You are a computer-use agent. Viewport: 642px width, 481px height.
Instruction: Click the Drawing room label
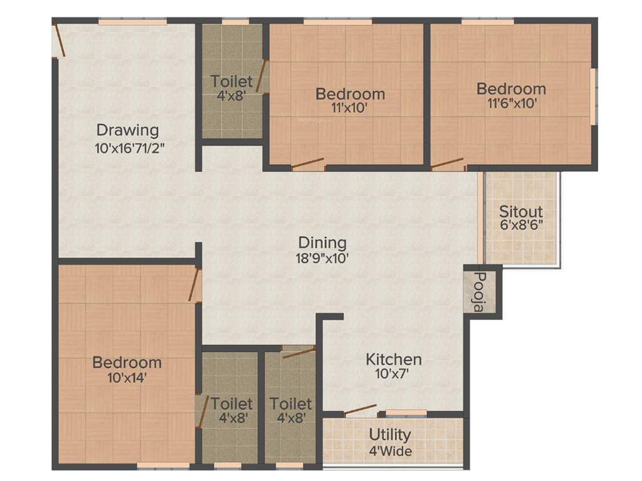(127, 130)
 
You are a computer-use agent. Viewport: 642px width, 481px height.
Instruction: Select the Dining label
(322, 242)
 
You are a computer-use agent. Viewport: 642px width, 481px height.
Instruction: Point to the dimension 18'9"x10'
(322, 257)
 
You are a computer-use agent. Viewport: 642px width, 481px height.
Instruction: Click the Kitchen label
(394, 359)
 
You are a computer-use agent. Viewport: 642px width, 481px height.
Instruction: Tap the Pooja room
(480, 292)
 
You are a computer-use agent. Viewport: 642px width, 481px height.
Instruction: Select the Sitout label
(521, 211)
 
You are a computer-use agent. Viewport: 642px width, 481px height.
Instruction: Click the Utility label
(390, 435)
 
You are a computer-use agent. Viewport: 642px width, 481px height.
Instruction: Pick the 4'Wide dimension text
(390, 450)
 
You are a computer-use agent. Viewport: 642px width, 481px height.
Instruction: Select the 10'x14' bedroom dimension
(127, 378)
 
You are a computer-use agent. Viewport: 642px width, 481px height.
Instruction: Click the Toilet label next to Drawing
(232, 81)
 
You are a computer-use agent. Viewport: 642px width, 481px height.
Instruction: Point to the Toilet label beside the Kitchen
(291, 404)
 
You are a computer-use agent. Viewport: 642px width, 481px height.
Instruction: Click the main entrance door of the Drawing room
(59, 41)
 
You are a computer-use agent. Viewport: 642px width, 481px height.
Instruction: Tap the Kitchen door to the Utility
(360, 410)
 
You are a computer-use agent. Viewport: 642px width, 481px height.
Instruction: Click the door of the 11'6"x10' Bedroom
(448, 163)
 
